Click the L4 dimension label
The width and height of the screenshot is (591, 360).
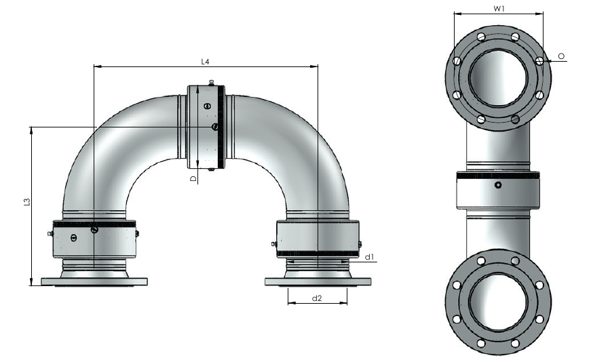205,62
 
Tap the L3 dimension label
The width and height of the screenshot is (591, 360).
26,202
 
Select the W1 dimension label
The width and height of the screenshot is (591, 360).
499,8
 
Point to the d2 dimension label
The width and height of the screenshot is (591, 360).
317,298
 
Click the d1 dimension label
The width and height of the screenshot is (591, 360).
369,257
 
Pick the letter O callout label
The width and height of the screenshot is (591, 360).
561,56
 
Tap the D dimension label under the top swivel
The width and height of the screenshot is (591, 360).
193,178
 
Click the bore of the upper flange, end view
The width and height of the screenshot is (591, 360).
498,78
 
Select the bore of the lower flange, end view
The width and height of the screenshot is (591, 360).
498,302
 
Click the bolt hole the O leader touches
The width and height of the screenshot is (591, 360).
539,60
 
